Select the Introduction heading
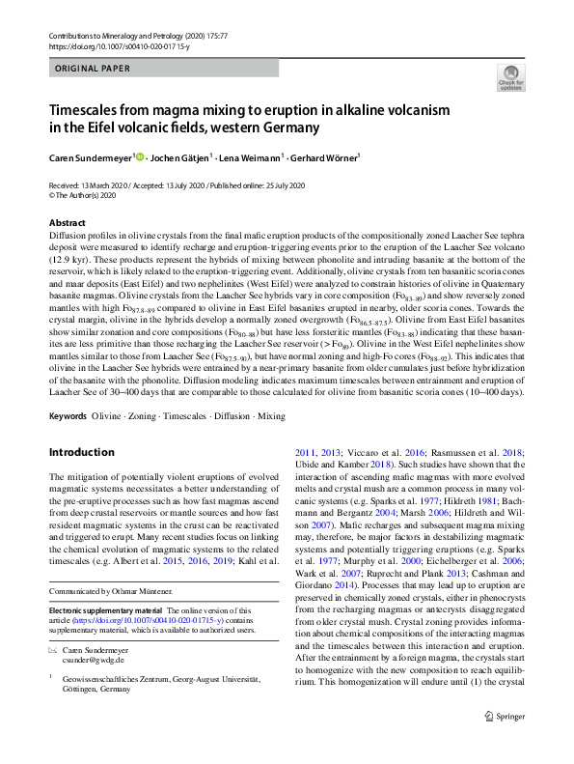82,453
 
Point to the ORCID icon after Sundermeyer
141,157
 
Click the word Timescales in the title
89,111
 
